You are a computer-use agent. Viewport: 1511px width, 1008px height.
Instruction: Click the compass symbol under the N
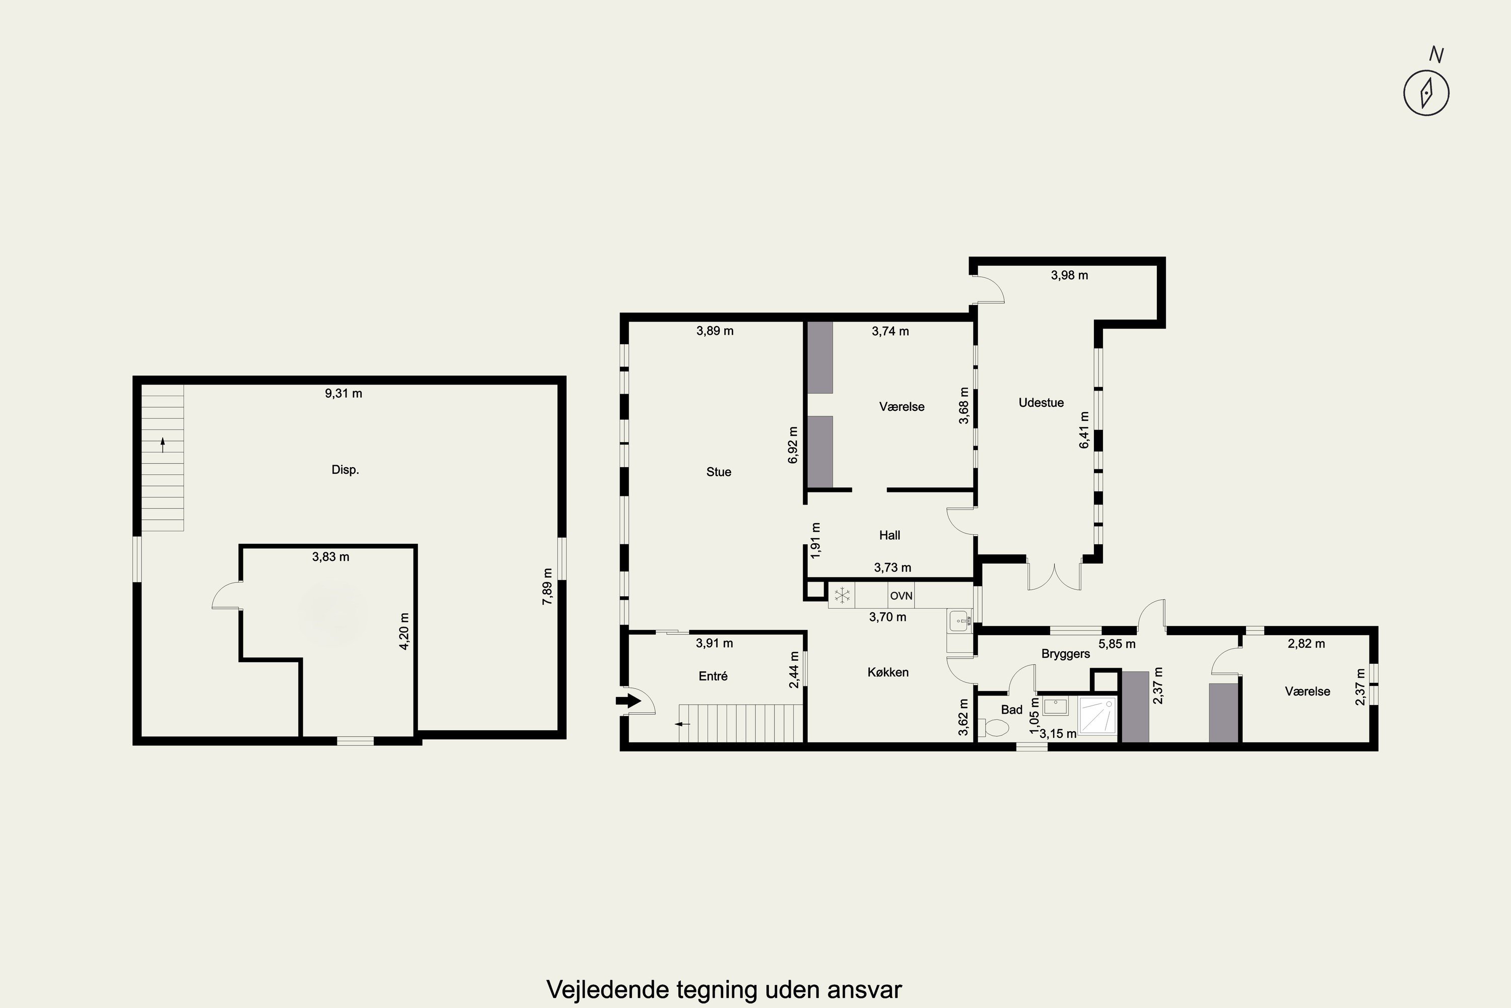[x=1426, y=93]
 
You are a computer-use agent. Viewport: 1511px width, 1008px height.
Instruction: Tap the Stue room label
[x=718, y=472]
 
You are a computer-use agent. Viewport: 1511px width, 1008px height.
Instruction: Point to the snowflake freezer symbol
[x=842, y=595]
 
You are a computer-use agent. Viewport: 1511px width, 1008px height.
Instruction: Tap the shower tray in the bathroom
[x=1098, y=716]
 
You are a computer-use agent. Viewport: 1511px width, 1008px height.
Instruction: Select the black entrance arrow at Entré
[x=628, y=700]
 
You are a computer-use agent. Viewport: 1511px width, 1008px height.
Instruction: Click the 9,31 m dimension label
[x=344, y=394]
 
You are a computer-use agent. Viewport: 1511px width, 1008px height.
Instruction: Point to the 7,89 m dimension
[x=547, y=586]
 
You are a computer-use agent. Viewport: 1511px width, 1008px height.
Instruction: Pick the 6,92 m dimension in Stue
[x=793, y=445]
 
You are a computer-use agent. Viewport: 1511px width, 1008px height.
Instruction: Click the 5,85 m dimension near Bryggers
[x=1117, y=644]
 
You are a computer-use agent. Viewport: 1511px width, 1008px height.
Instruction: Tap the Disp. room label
[x=345, y=470]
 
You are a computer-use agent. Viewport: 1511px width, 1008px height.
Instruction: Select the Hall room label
[x=890, y=535]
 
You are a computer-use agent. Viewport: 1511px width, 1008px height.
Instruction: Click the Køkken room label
[x=888, y=672]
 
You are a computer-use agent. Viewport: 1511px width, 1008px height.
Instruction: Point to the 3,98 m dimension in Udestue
[x=1070, y=275]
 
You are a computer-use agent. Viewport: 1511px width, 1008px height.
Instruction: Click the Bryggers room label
[x=1066, y=654]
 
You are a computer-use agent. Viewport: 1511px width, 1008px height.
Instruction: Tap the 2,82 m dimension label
[x=1307, y=644]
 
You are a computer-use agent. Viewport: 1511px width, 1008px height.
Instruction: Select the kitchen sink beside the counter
[x=960, y=620]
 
